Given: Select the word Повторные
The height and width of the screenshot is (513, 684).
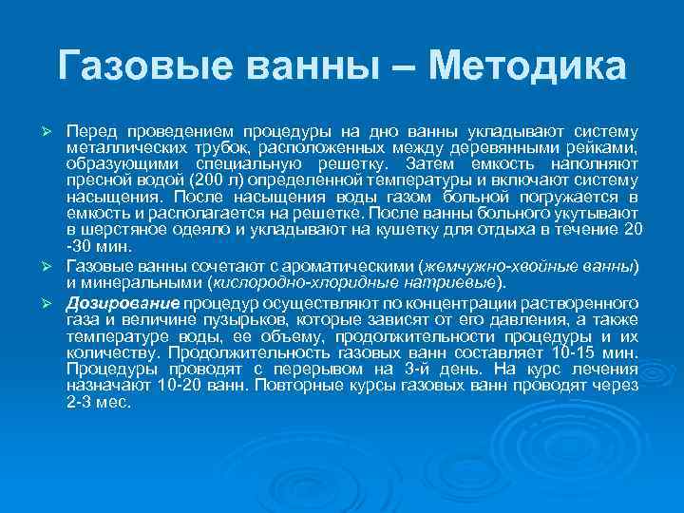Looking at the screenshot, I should [x=292, y=386].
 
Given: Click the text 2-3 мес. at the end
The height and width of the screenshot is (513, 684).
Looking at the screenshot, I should [x=100, y=402].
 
